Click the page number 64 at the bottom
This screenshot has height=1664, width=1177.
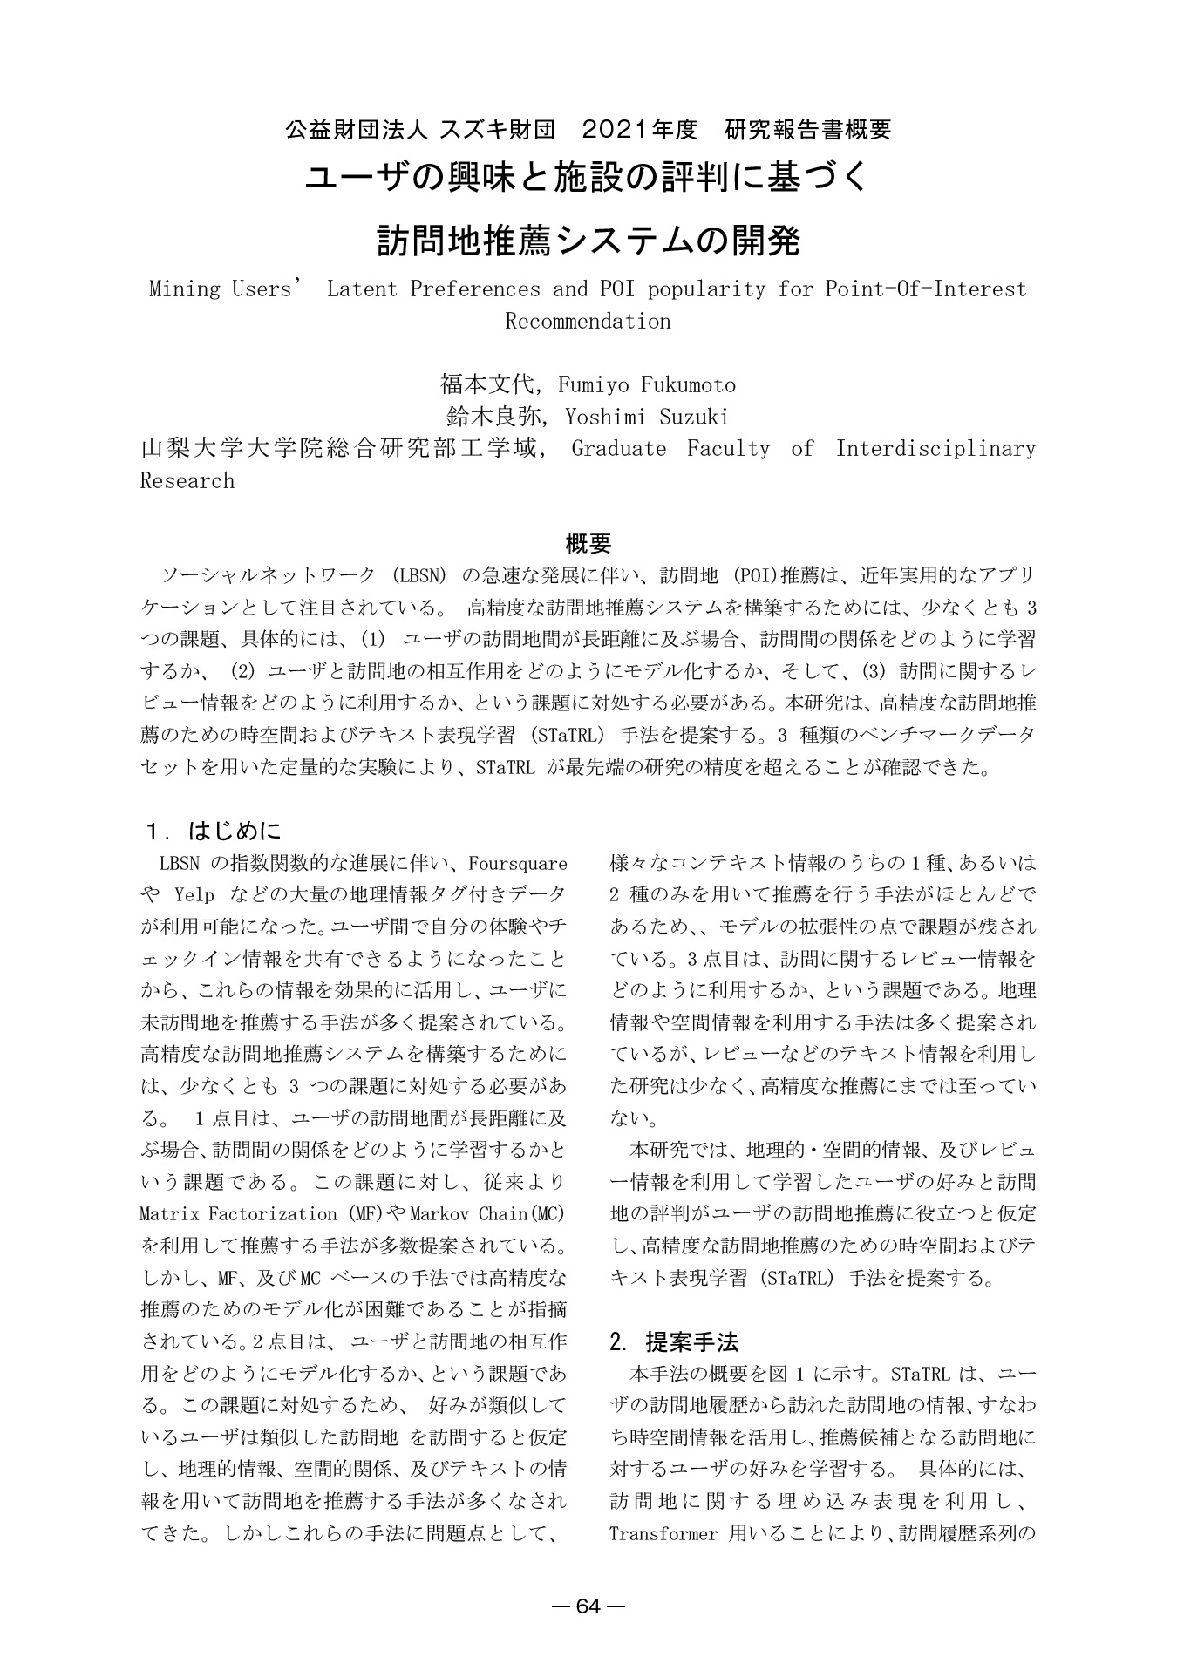[x=589, y=1606]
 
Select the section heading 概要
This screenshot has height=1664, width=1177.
[x=588, y=544]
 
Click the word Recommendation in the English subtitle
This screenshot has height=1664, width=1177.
[x=588, y=321]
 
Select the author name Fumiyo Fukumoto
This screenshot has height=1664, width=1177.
[x=646, y=384]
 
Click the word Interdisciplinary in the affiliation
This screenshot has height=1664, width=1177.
[x=935, y=449]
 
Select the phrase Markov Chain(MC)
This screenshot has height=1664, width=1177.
[x=487, y=1213]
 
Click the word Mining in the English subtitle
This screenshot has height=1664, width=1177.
[x=183, y=289]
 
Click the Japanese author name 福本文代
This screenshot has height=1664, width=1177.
[x=484, y=384]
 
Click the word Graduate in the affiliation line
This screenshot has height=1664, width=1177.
[x=618, y=449]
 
